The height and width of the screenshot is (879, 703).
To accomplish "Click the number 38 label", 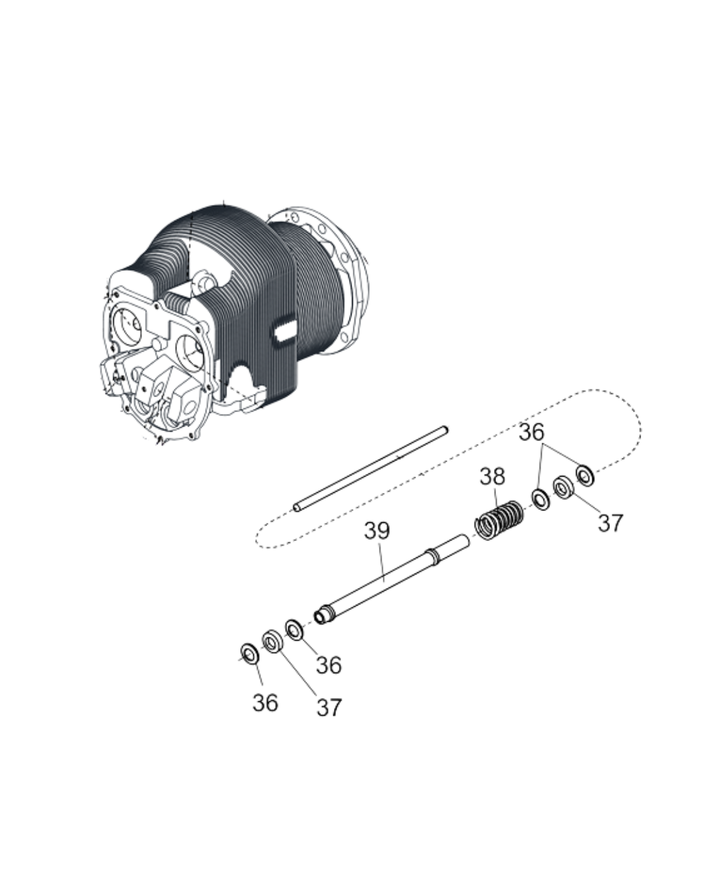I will pos(492,477).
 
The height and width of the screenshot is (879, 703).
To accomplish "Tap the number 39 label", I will pos(377,531).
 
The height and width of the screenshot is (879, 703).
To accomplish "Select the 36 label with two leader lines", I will pos(531,433).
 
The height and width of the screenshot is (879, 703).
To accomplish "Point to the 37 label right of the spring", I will pos(610,523).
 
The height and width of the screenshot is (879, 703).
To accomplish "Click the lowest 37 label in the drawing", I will pos(329,708).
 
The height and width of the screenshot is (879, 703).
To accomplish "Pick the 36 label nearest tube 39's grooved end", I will pos(329,665).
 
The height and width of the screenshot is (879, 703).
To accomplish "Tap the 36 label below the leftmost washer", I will pos(265,703).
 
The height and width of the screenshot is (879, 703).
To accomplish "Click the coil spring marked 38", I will pos(498,519).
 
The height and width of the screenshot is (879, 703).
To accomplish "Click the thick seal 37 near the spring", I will pos(562,486).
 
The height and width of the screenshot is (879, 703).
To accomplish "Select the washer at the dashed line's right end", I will pos(585,474).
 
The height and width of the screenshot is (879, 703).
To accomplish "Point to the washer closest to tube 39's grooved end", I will pos(294,630).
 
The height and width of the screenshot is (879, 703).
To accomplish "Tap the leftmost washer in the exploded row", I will pos(248,652).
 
